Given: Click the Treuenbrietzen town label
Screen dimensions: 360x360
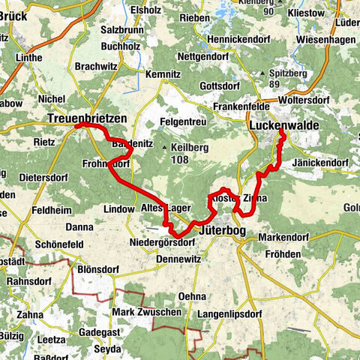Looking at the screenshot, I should [87, 118].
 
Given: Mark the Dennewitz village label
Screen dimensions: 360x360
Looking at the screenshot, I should [178, 258].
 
